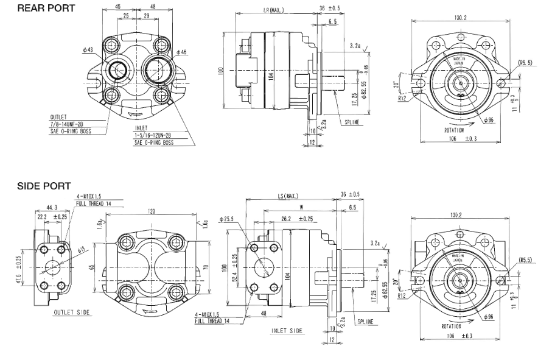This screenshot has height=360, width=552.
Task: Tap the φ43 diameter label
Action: [89, 49]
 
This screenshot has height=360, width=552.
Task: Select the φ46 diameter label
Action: [181, 52]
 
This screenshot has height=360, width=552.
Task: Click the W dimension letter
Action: [301, 206]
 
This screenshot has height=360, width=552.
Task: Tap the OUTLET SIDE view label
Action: [72, 312]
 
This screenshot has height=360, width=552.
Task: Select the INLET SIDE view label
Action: [287, 331]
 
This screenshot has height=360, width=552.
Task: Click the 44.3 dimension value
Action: [52, 208]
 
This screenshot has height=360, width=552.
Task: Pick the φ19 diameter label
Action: [80, 250]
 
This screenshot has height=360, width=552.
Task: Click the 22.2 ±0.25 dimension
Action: [52, 217]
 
